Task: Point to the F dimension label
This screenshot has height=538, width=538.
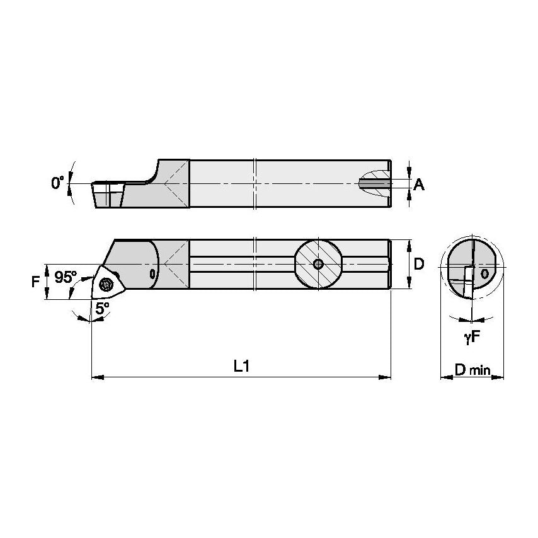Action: point(35,281)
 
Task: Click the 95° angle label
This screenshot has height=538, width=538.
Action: point(66,277)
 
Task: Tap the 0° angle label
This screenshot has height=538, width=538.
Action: point(58,183)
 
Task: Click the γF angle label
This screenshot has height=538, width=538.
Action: point(472,338)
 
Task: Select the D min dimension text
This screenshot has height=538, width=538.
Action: point(472,370)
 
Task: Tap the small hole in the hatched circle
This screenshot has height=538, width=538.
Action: point(319,264)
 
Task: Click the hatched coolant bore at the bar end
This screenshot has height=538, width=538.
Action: point(373,183)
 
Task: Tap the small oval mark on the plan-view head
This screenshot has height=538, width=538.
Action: point(152,273)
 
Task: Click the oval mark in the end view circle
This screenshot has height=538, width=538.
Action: point(484,273)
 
